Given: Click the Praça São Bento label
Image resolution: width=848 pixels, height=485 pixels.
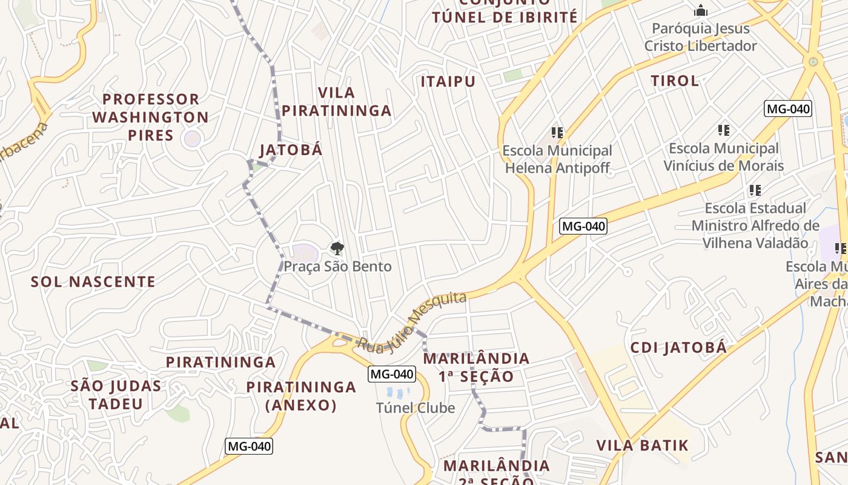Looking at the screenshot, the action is click(x=337, y=266).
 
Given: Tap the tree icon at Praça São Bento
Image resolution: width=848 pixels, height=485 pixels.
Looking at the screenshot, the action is click(x=337, y=248).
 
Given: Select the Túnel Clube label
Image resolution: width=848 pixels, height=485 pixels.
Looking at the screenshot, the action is click(x=416, y=408).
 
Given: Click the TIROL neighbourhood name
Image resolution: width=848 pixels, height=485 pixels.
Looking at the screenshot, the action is click(x=675, y=81).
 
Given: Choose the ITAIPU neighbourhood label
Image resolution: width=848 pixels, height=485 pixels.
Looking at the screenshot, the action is click(x=448, y=81).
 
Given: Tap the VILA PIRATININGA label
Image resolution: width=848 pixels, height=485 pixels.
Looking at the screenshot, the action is click(x=337, y=102).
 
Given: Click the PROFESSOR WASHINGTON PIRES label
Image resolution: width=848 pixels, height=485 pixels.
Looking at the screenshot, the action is click(x=151, y=117).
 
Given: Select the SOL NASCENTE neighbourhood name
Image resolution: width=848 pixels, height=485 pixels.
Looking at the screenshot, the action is click(x=93, y=281).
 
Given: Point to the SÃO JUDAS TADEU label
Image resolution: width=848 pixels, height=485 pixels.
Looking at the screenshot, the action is click(x=116, y=395).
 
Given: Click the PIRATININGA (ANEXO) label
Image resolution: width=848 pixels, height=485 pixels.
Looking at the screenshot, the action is click(x=301, y=396).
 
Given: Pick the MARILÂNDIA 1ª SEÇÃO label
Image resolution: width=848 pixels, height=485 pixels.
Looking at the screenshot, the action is click(x=476, y=367).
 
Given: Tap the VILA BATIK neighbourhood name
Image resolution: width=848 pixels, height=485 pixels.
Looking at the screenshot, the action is click(x=643, y=446).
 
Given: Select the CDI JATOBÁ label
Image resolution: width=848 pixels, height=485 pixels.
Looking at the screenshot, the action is click(x=678, y=347).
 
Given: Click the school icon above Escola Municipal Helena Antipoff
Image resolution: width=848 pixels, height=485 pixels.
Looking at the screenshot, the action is click(x=557, y=132).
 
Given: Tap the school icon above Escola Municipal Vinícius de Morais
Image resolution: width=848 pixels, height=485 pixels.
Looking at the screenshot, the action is click(x=723, y=130).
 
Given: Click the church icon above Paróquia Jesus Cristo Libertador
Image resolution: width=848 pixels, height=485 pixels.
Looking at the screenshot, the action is click(x=701, y=10).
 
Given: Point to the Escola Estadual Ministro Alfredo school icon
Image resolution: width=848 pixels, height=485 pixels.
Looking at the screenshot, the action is click(x=755, y=190).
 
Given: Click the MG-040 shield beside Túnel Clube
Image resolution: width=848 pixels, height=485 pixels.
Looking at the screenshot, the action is click(x=393, y=374).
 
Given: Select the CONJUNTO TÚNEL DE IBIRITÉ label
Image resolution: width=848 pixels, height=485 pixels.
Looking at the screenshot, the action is click(x=505, y=12).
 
